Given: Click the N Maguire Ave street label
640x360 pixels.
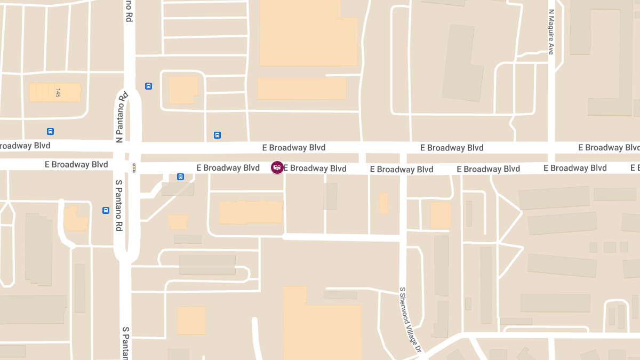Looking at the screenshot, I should (x=551, y=33).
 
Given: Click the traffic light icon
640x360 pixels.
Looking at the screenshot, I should (x=134, y=168).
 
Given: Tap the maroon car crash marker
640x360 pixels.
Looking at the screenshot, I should (x=277, y=167).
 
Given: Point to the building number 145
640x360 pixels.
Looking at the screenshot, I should (x=58, y=93).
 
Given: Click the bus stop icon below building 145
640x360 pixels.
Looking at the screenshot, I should (x=50, y=131).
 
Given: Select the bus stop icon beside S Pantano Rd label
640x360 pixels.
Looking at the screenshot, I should (x=106, y=210).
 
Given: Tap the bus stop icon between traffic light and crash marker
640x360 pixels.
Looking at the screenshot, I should (x=180, y=177).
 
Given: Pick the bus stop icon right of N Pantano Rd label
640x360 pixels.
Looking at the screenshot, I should (x=148, y=86).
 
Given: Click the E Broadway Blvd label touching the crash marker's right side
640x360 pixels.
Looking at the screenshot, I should (x=315, y=169).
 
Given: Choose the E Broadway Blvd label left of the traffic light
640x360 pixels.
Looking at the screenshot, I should (x=76, y=165).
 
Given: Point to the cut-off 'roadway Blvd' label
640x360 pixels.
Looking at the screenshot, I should (x=25, y=146).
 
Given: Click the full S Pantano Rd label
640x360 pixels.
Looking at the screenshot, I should (x=119, y=205).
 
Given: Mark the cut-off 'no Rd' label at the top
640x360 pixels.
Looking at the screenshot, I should (x=129, y=11).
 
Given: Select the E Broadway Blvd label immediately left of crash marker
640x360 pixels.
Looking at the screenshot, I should (x=228, y=167).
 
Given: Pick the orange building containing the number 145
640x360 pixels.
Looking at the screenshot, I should (x=55, y=92).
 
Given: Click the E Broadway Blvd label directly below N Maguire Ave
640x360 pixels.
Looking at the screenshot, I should (x=575, y=168).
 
